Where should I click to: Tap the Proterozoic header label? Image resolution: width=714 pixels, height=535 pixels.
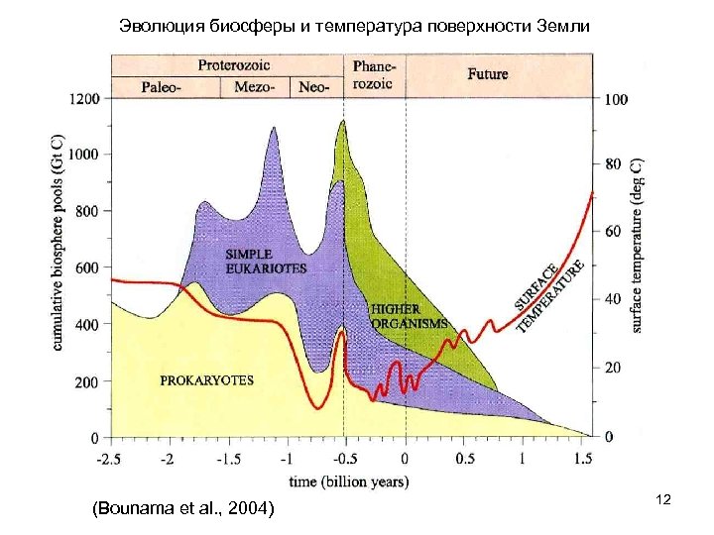233,64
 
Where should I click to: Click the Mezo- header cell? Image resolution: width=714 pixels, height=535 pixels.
255,87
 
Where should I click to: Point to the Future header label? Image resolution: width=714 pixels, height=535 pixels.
488,73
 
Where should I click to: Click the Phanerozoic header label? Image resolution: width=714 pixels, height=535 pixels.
373,74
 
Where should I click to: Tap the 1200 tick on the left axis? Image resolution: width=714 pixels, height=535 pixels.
84,99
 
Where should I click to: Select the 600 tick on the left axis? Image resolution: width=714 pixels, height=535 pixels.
88,268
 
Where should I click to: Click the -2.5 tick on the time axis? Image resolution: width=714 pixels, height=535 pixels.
111,460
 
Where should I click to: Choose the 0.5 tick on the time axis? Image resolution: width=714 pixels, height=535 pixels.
463,460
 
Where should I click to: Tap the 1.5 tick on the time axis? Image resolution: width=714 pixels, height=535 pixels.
582,460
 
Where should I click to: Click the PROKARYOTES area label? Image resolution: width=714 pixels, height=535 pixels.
207,379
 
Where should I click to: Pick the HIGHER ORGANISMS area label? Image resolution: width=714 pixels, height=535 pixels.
408,317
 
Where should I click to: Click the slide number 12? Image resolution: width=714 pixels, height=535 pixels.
663,502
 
